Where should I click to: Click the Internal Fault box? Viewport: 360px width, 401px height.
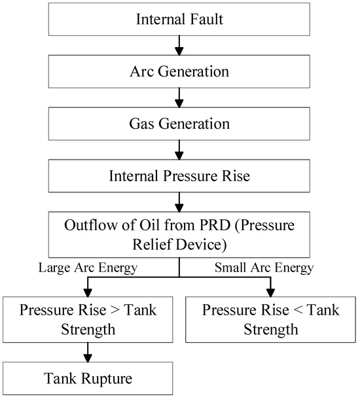179,18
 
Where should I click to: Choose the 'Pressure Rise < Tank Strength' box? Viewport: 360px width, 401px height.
270,319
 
